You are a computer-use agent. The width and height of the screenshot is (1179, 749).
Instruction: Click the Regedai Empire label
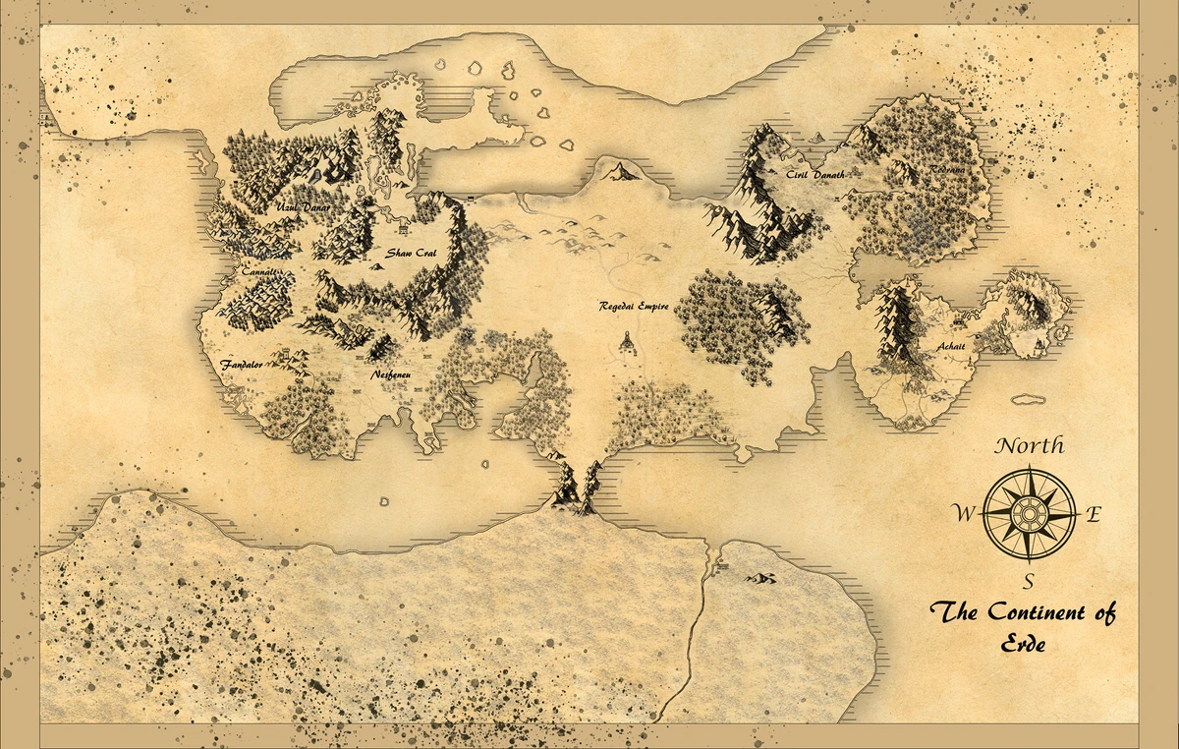(x=634, y=306)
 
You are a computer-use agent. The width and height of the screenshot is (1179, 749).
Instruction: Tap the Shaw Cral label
(x=411, y=253)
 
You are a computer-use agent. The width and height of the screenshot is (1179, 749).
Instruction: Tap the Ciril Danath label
(x=809, y=174)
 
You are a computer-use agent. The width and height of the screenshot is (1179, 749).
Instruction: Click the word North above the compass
(x=1030, y=445)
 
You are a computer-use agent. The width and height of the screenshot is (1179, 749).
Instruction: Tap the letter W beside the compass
(x=964, y=512)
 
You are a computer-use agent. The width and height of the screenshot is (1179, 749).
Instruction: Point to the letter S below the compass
(x=1030, y=579)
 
